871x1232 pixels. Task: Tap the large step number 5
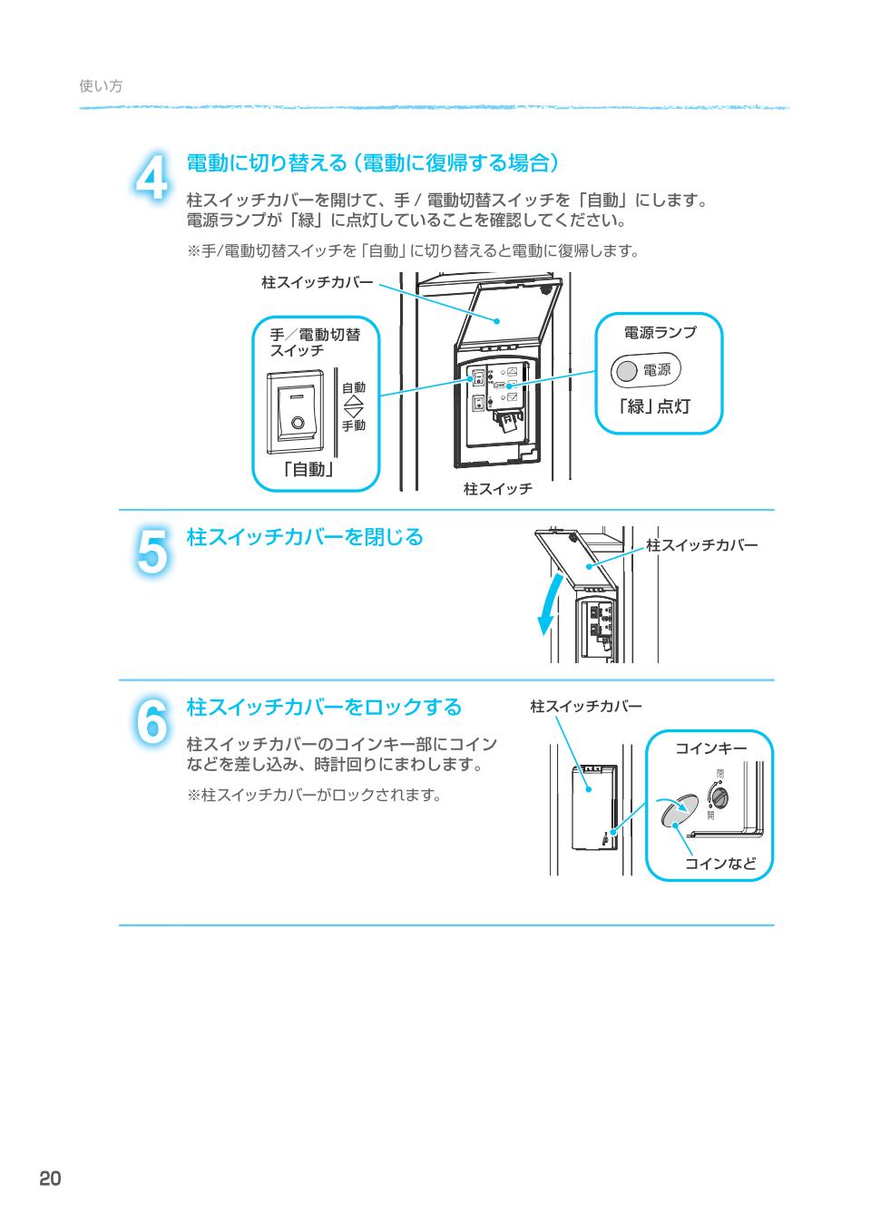tap(152, 551)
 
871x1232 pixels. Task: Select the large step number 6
tap(152, 722)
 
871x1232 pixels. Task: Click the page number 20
tap(50, 1178)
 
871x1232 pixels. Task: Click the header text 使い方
tap(101, 86)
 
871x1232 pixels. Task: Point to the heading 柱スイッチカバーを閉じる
tap(305, 537)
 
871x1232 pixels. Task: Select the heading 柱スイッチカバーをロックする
tap(324, 707)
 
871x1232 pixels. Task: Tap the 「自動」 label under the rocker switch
tap(308, 469)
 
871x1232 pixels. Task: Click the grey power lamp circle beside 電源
tap(626, 370)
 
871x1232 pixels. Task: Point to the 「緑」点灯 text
tap(654, 406)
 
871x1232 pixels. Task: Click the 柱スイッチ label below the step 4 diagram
tap(497, 489)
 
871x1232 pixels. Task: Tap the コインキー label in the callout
tap(710, 748)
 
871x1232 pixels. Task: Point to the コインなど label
tap(720, 863)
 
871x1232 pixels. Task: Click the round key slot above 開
tap(719, 797)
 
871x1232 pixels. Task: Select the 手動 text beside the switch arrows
tap(354, 425)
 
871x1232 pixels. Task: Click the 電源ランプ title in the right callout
tap(660, 332)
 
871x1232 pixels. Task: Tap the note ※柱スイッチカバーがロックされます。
tap(315, 796)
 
